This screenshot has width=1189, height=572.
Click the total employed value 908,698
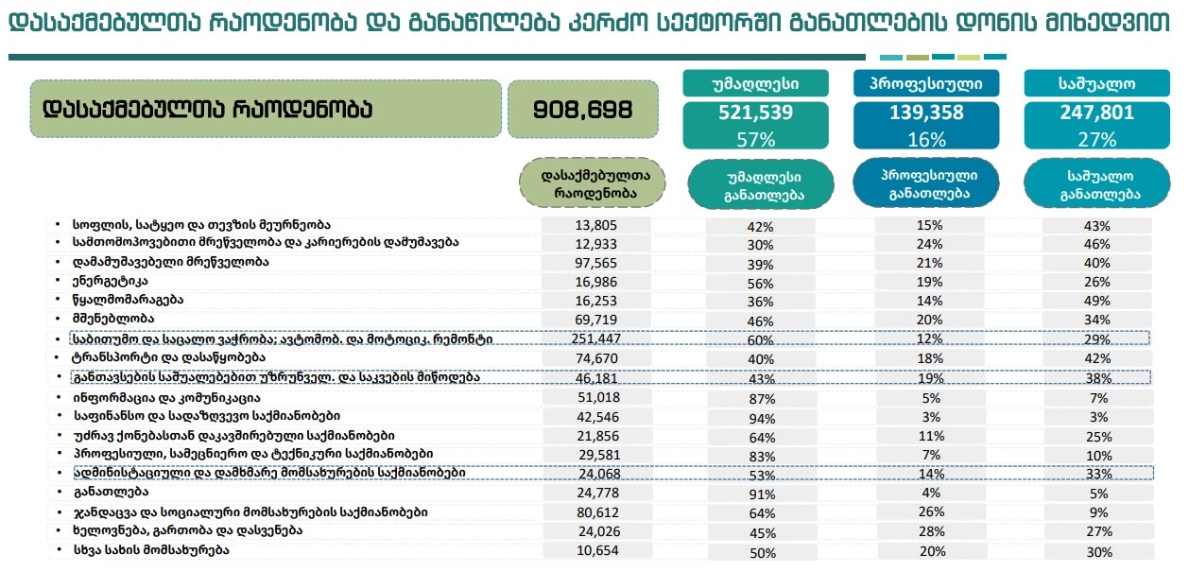pyautogui.click(x=583, y=109)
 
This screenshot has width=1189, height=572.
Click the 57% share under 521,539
pyautogui.click(x=755, y=139)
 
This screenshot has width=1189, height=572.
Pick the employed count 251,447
pyautogui.click(x=596, y=338)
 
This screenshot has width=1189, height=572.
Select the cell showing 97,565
pyautogui.click(x=596, y=262)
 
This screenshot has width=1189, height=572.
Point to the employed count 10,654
pyautogui.click(x=596, y=549)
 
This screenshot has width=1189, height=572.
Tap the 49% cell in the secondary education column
pyautogui.click(x=1097, y=301)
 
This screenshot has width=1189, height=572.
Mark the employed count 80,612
pyautogui.click(x=596, y=511)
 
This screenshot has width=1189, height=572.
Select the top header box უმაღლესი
pyautogui.click(x=755, y=83)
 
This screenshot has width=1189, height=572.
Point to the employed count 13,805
pyautogui.click(x=596, y=224)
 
